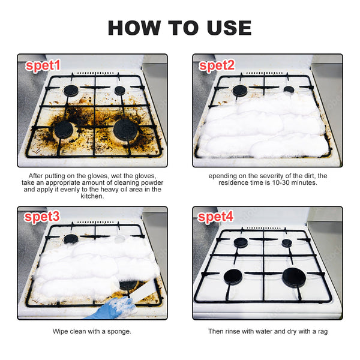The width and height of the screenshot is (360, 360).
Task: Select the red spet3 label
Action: coord(43,217)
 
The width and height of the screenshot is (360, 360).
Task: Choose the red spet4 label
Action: coord(217,217)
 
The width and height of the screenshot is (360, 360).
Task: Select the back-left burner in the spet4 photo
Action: coord(241,243)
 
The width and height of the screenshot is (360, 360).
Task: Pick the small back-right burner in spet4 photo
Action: coord(287,243)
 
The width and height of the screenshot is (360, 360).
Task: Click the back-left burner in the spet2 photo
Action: coord(241,91)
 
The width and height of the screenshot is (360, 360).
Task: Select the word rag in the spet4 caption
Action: coord(322,331)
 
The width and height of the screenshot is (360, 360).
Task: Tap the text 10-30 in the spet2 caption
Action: coord(277,182)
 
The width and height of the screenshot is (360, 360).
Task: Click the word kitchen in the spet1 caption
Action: coord(92,196)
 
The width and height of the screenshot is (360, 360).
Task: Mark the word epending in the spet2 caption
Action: coord(224,175)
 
